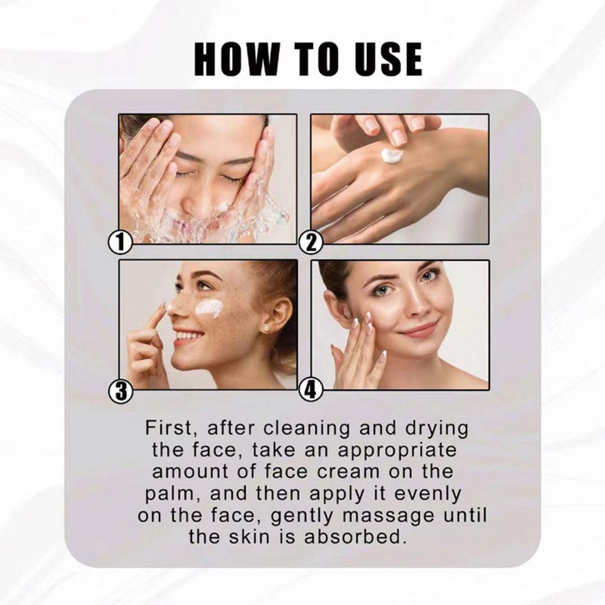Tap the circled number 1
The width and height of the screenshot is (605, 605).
pyautogui.click(x=121, y=242)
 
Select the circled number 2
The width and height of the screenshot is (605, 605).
pyautogui.click(x=312, y=242)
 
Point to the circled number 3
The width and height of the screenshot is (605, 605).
pyautogui.click(x=121, y=392)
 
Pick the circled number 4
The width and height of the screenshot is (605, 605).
pyautogui.click(x=312, y=392)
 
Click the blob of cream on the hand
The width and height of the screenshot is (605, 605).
pyautogui.click(x=392, y=155)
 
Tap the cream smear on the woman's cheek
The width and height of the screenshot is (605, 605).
pyautogui.click(x=209, y=307)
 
